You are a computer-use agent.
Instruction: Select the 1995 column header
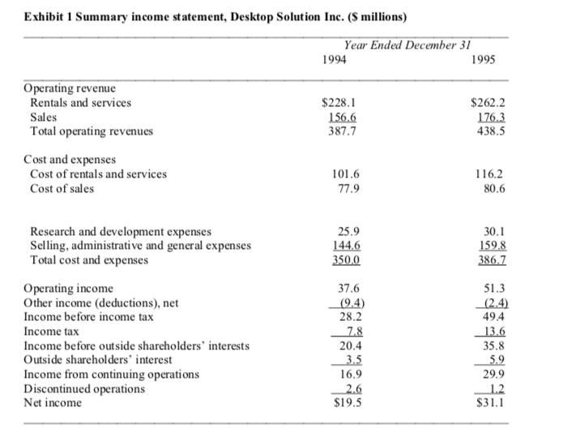point(484,60)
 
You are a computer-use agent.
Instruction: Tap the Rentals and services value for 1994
point(339,103)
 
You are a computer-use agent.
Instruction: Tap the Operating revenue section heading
point(70,88)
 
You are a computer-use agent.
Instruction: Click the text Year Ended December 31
point(407,45)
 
